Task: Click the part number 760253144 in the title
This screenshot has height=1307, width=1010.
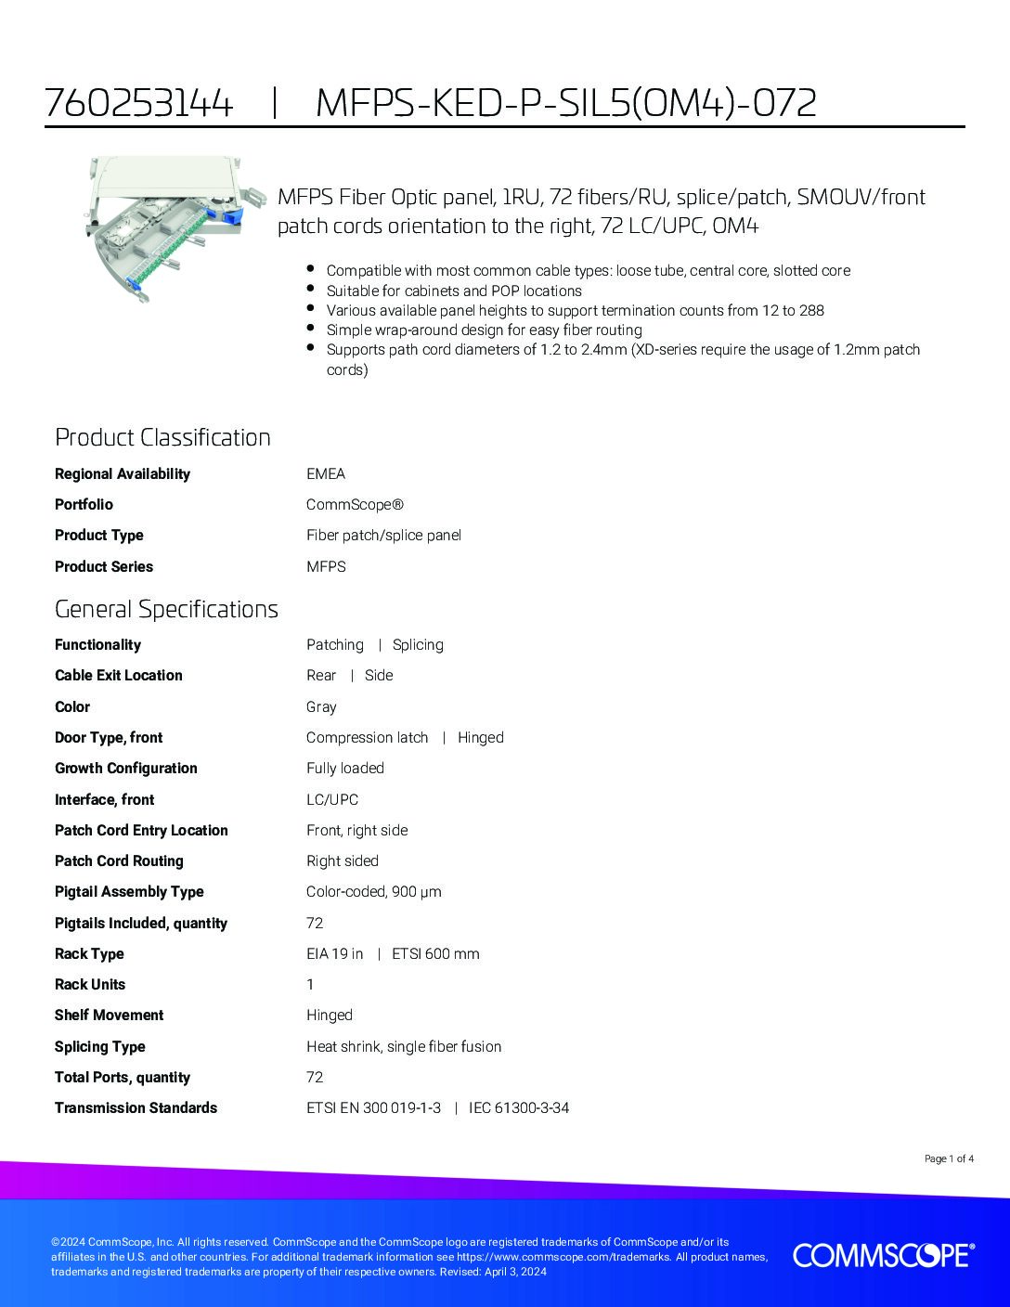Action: (138, 102)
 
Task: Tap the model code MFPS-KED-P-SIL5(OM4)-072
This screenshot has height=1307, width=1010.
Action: (566, 102)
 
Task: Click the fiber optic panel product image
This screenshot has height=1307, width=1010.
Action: (163, 222)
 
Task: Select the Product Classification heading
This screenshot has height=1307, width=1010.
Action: (162, 437)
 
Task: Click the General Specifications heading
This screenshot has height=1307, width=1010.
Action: (166, 609)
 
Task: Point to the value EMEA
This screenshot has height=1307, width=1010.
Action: (326, 474)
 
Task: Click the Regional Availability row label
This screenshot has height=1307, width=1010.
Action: (122, 474)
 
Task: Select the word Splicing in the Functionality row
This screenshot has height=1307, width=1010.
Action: (418, 645)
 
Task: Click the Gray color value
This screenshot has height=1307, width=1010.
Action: (321, 707)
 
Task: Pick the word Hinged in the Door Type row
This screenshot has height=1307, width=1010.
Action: (481, 738)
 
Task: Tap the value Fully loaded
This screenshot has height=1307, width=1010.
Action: (345, 769)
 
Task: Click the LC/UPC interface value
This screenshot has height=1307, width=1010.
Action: (332, 800)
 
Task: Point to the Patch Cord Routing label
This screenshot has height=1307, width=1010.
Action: (119, 861)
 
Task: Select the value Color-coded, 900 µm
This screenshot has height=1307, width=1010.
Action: (374, 892)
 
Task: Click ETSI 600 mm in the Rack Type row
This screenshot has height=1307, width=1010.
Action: (435, 954)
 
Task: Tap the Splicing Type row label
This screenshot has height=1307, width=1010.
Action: (100, 1047)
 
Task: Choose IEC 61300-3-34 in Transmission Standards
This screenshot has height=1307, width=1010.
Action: (519, 1108)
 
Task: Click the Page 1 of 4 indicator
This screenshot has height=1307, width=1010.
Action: (949, 1158)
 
